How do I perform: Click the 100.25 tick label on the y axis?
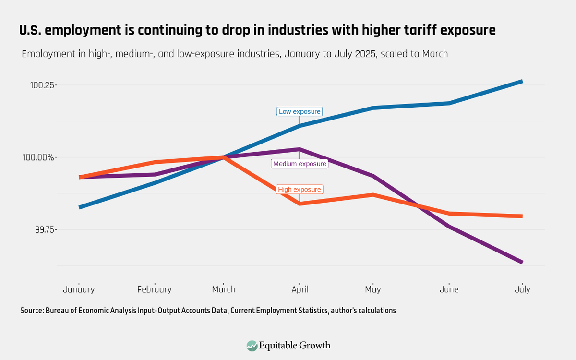click(x=43, y=85)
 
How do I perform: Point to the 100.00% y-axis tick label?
click(x=41, y=157)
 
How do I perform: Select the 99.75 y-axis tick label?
click(x=44, y=229)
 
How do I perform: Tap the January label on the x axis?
click(x=79, y=289)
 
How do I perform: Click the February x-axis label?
click(x=154, y=289)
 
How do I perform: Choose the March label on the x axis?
click(x=224, y=289)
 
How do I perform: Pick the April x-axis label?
click(x=300, y=289)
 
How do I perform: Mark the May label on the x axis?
click(x=373, y=289)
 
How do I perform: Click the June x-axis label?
click(x=449, y=289)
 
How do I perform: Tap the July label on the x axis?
click(x=522, y=289)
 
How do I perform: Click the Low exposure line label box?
click(x=300, y=111)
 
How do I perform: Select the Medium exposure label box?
click(x=300, y=164)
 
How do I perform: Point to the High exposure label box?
click(x=300, y=190)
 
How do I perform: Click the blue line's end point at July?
click(x=522, y=82)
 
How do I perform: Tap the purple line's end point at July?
click(x=522, y=262)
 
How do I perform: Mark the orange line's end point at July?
click(x=522, y=216)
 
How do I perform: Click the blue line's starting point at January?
click(x=80, y=207)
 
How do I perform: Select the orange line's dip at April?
click(x=300, y=204)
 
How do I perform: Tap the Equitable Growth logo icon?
click(x=252, y=345)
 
